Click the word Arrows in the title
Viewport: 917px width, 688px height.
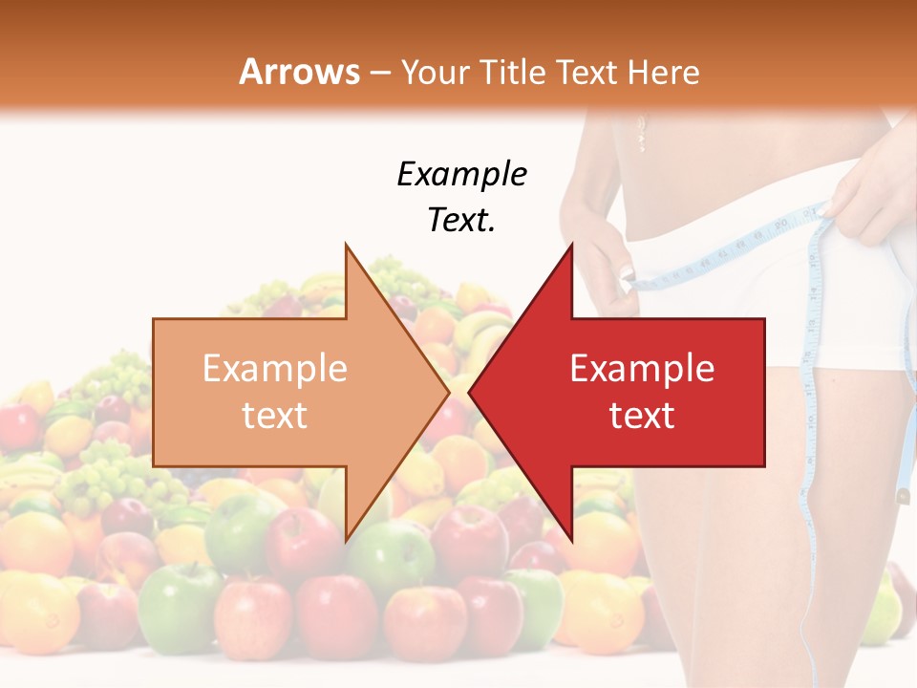[x=300, y=72]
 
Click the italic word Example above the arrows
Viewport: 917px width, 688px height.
[x=461, y=175]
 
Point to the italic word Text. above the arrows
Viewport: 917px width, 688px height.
[x=461, y=221]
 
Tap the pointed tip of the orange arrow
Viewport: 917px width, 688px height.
[x=446, y=393]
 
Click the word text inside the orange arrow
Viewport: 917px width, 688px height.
[x=274, y=416]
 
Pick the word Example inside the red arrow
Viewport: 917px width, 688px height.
[x=642, y=369]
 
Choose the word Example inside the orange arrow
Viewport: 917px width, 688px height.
[x=274, y=369]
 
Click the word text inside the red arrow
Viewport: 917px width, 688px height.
[x=642, y=416]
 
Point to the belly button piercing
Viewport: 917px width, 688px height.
[x=641, y=134]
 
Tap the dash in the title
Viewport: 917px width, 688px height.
[x=379, y=73]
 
